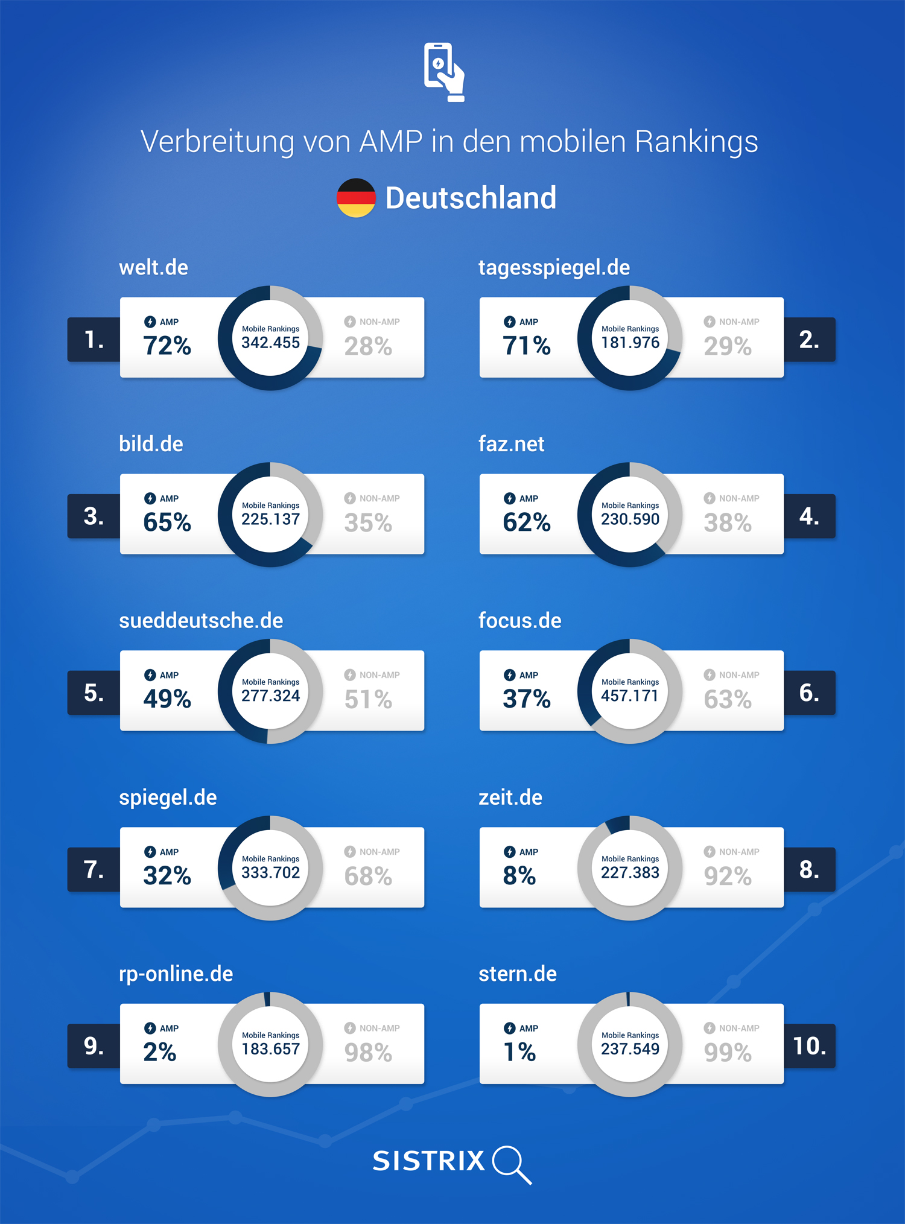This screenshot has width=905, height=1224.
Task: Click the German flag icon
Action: coord(356,198)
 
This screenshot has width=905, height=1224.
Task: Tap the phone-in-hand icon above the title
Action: coord(444,71)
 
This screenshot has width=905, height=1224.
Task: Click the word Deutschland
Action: coord(471,198)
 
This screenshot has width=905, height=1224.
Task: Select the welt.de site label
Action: coord(153,267)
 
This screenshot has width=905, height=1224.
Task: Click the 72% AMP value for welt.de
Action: coord(167,346)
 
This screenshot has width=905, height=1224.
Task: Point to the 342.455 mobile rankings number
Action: coord(270,343)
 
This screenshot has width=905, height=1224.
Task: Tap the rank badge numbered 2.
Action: coord(809,340)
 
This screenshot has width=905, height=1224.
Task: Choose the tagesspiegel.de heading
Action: coord(554,267)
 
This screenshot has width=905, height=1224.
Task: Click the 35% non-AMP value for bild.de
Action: coord(368,522)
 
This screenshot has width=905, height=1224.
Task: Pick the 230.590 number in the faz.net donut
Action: coord(630,519)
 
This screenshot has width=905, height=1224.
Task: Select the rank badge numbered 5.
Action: coord(94,693)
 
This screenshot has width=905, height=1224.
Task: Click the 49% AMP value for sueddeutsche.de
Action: coord(167,699)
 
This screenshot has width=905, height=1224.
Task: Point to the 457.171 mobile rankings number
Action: coord(630,696)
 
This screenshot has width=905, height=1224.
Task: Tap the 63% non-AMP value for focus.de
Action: coord(728,699)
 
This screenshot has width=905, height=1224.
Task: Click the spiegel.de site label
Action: coord(168,798)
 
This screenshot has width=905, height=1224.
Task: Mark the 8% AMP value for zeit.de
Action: coord(519,875)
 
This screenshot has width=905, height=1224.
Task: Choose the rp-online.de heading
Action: coord(176,974)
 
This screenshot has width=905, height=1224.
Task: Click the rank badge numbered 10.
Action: coord(809,1046)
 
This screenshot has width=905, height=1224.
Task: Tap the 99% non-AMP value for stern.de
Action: coord(728,1053)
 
